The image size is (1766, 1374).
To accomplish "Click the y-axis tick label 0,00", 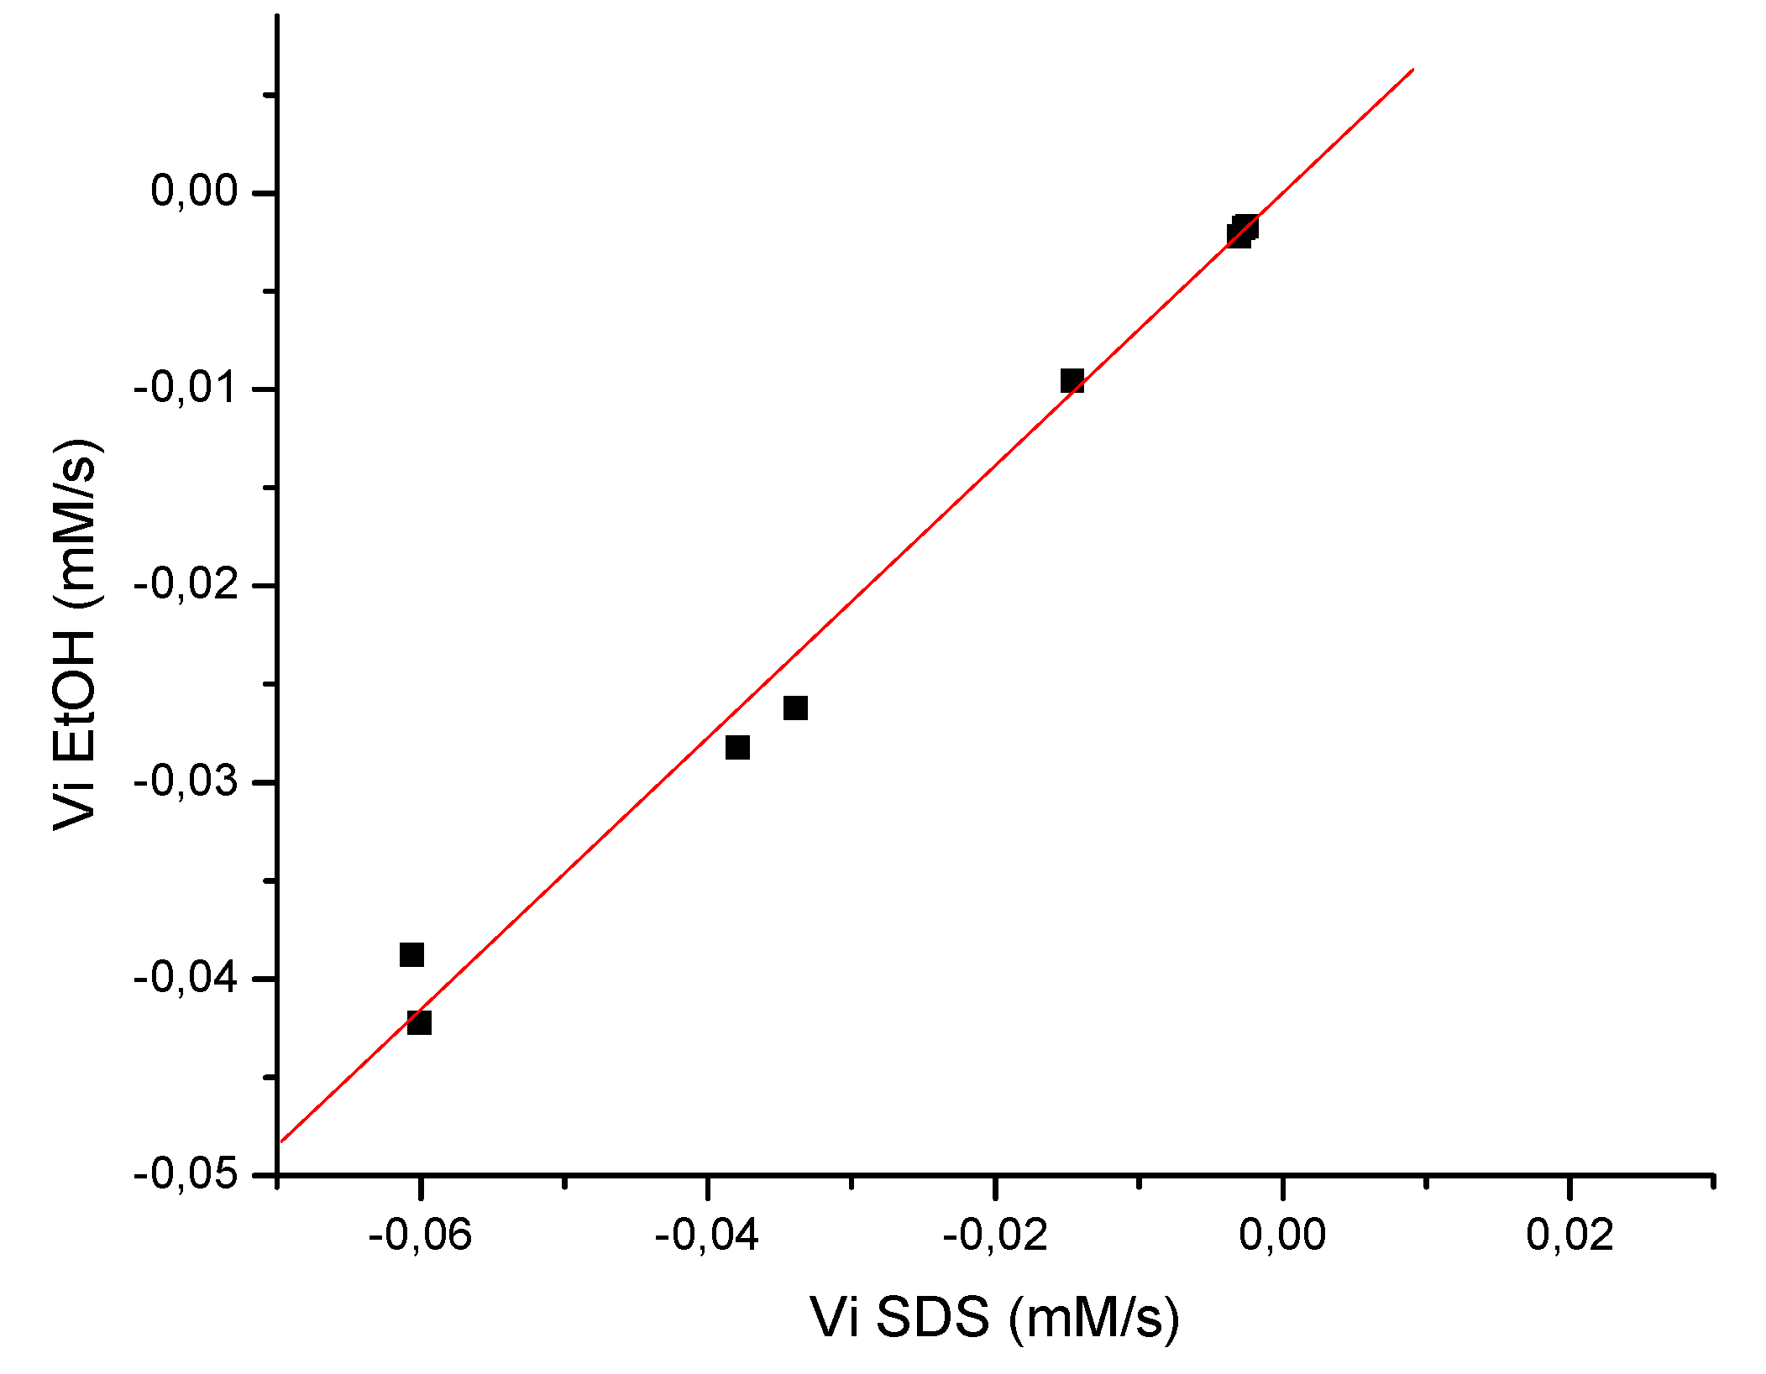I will click(195, 191).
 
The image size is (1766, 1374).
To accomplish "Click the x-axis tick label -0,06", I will click(420, 1236).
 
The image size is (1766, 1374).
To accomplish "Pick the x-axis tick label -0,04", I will click(707, 1236).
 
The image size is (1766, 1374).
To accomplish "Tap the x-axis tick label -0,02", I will click(994, 1236).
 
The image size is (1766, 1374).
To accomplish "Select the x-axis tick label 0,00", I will click(1282, 1236).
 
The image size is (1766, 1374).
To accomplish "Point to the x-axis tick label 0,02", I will click(1569, 1236).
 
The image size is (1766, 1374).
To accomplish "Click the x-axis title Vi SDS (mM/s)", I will click(995, 1316).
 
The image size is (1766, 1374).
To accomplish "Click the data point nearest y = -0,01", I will click(1072, 381).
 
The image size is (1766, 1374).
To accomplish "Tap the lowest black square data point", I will click(419, 1022).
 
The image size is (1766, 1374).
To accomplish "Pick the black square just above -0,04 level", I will click(411, 954).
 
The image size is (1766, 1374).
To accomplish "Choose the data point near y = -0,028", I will click(737, 747).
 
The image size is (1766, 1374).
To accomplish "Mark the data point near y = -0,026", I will click(795, 708).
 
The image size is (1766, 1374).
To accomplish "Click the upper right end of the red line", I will click(1413, 70).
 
